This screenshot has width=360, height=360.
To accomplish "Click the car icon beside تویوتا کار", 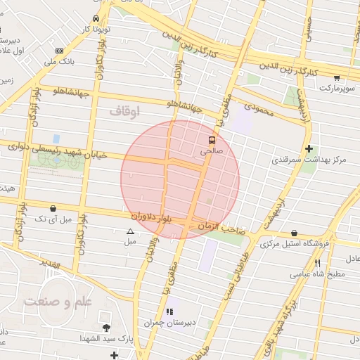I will (x=96, y=18).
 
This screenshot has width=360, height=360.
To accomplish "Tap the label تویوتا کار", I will (x=96, y=30).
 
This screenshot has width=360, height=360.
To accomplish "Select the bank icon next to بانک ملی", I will (x=59, y=51).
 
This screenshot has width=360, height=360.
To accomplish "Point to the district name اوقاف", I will (x=125, y=111).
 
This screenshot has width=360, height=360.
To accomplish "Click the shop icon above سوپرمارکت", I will (x=337, y=77).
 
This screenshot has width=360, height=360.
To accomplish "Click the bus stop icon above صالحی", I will (x=212, y=140).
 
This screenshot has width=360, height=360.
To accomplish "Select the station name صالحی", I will (x=211, y=150).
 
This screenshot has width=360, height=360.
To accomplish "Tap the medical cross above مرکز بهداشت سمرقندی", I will (x=309, y=148).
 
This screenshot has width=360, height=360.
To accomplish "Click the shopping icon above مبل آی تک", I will (x=53, y=208).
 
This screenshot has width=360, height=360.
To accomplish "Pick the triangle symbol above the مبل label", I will (x=130, y=231).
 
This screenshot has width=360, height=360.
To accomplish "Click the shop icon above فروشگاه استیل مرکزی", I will (x=294, y=233).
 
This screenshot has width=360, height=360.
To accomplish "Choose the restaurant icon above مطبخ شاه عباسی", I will (x=318, y=263).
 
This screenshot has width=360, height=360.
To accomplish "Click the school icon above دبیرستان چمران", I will (x=169, y=311).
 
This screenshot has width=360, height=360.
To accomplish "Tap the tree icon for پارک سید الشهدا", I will (x=106, y=328).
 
